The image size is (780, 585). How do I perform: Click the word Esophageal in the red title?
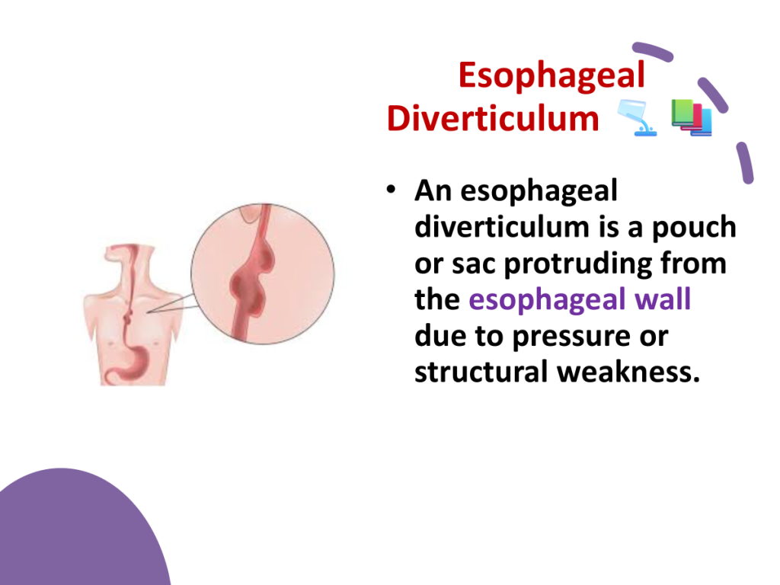[551, 76]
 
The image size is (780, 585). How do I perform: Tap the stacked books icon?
[692, 117]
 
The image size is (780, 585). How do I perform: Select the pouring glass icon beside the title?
[638, 117]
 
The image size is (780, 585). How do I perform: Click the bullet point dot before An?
[391, 189]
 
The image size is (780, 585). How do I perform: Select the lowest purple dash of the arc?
[745, 163]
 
